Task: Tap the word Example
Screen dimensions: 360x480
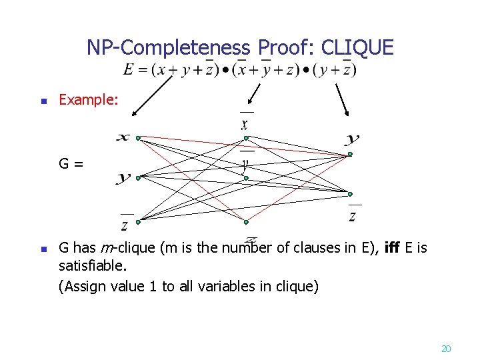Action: pos(89,100)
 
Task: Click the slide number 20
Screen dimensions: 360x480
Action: pos(446,348)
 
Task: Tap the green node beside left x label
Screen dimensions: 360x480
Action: pos(137,138)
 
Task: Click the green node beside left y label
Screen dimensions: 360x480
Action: pos(137,177)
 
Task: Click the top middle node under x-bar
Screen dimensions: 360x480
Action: pos(245,138)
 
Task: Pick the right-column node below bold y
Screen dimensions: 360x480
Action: pos(349,155)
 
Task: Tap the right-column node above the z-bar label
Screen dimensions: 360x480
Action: pos(349,194)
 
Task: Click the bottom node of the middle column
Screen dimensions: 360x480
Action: pos(245,221)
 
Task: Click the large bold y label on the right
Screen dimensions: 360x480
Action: pos(352,139)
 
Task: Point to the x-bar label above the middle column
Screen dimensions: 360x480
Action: pos(245,122)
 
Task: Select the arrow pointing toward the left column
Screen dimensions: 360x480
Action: pos(153,93)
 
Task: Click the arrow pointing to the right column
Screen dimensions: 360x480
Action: pos(341,99)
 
